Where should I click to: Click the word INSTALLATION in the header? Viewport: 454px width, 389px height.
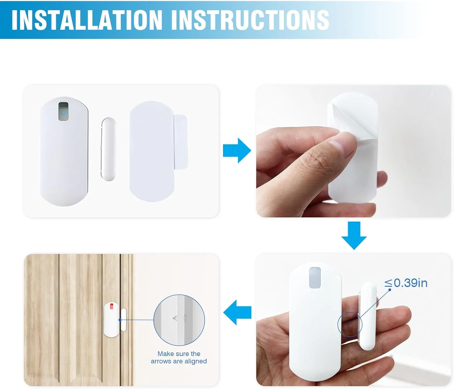pos(87,20)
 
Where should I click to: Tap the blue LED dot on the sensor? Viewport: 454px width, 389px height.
pos(64,112)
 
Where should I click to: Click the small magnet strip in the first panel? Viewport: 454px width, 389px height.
pos(108,149)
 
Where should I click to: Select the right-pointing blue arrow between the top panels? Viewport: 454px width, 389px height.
pos(237,150)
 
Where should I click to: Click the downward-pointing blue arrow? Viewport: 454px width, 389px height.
pos(354,236)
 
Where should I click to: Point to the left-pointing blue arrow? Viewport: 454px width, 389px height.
pos(237,312)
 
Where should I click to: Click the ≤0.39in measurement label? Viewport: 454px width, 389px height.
pos(406,283)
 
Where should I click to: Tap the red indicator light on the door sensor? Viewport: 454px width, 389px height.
pos(111,306)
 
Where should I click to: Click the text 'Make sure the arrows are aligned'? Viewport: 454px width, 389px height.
pos(179,358)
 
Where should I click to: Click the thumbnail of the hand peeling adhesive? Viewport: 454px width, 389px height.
pos(354,151)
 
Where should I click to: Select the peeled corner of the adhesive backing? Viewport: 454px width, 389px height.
pos(343,114)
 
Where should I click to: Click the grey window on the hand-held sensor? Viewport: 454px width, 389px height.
pos(315,278)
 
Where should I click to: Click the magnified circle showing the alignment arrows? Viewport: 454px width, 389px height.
pos(179,320)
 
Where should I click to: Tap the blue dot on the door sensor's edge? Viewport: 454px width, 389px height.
pos(120,320)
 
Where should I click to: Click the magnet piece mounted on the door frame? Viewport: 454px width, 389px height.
pos(123,320)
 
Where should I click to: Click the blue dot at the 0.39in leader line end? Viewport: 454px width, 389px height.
pos(390,290)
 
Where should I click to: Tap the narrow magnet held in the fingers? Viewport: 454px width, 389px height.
pos(367,316)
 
